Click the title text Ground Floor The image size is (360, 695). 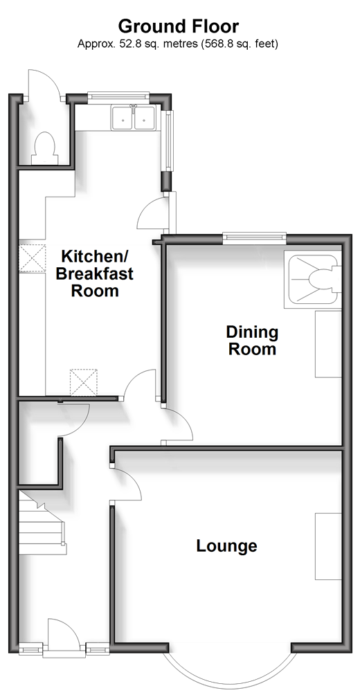pyautogui.click(x=178, y=26)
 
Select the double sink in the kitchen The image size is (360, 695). pyautogui.click(x=134, y=118)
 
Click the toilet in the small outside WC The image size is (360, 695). pyautogui.click(x=45, y=146)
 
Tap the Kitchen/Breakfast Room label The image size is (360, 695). pyautogui.click(x=94, y=273)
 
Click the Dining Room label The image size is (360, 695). pyautogui.click(x=252, y=340)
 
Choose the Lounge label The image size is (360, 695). pyautogui.click(x=226, y=545)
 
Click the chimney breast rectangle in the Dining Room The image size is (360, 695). pyautogui.click(x=329, y=344)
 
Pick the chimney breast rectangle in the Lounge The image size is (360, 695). pyautogui.click(x=329, y=546)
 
